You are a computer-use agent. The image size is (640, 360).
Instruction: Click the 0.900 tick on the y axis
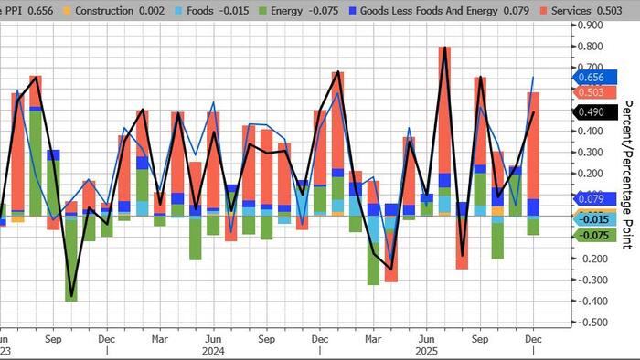tap(591, 25)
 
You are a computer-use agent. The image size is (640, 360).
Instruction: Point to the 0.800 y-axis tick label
tap(591, 46)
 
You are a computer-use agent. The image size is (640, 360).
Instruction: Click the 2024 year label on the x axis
tap(213, 349)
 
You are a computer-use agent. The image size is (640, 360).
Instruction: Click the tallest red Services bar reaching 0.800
tap(444, 110)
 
